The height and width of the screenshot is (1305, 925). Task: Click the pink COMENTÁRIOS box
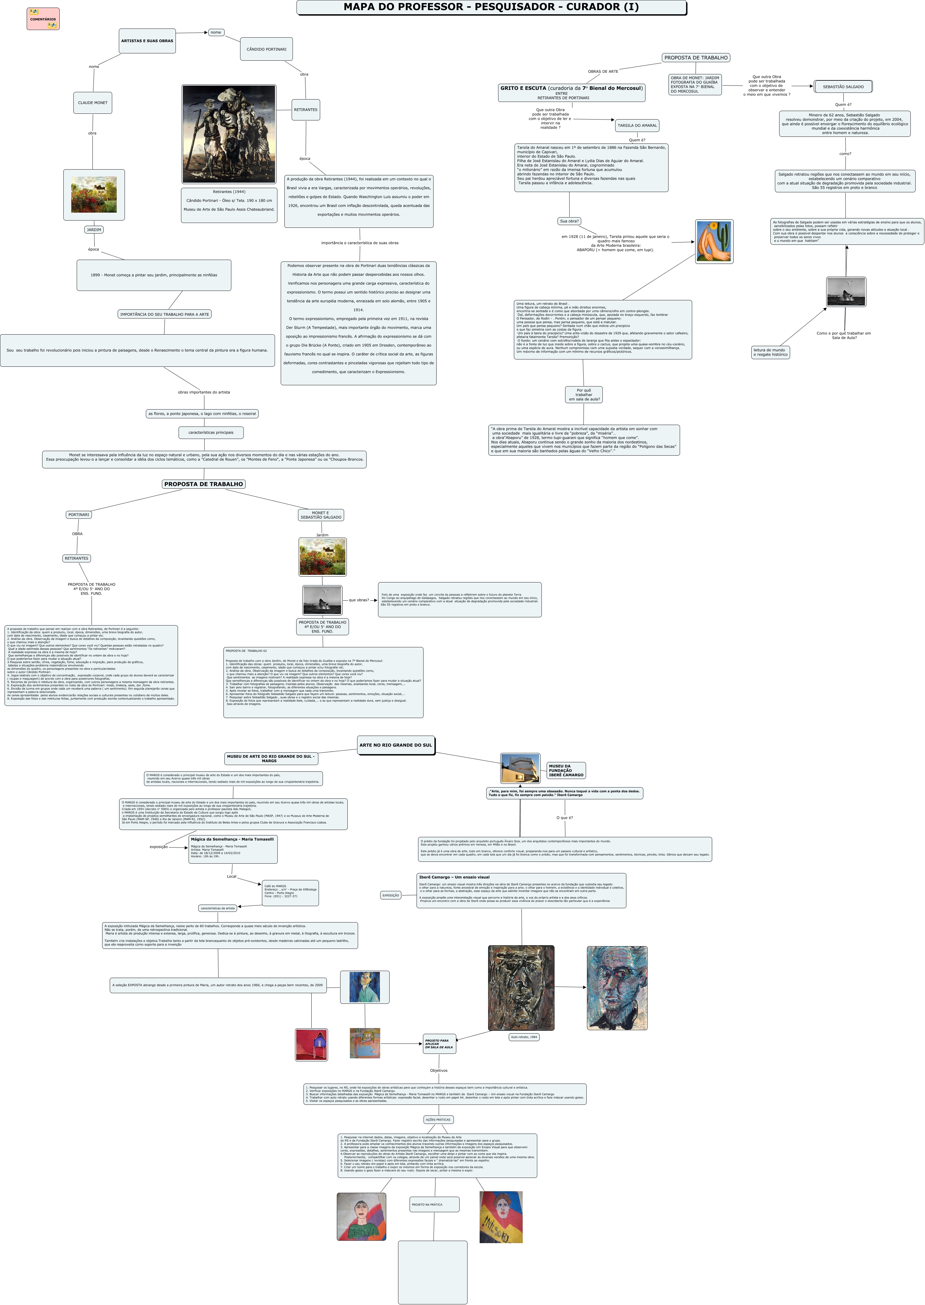43,19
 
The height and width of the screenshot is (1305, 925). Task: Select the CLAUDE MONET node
92,103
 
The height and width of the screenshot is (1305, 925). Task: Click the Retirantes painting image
229,134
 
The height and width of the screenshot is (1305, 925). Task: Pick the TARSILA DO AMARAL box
637,125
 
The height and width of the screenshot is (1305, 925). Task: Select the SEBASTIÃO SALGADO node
843,87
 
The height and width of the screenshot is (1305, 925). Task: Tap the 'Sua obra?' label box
569,221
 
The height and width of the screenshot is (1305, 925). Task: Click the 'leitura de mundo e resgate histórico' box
770,352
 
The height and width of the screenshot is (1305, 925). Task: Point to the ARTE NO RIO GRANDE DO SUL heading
396,745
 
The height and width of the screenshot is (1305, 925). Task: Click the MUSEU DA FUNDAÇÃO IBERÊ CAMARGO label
566,771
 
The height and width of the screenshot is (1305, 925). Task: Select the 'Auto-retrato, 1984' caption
524,1037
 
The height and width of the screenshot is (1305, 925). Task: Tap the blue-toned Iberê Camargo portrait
617,988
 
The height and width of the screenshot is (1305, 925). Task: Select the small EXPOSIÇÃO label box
391,895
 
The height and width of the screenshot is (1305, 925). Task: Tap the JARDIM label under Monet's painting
94,230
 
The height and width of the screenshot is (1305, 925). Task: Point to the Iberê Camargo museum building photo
520,768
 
